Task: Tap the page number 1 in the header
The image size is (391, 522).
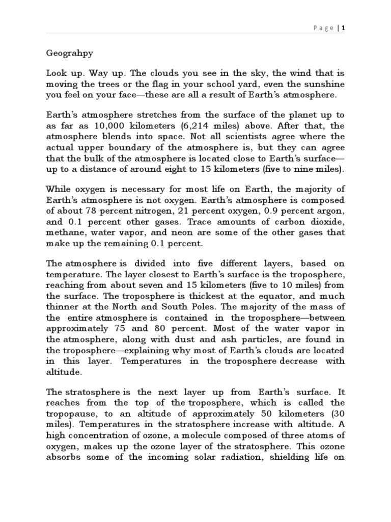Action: click(x=344, y=28)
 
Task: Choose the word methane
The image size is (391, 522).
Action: click(x=64, y=232)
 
